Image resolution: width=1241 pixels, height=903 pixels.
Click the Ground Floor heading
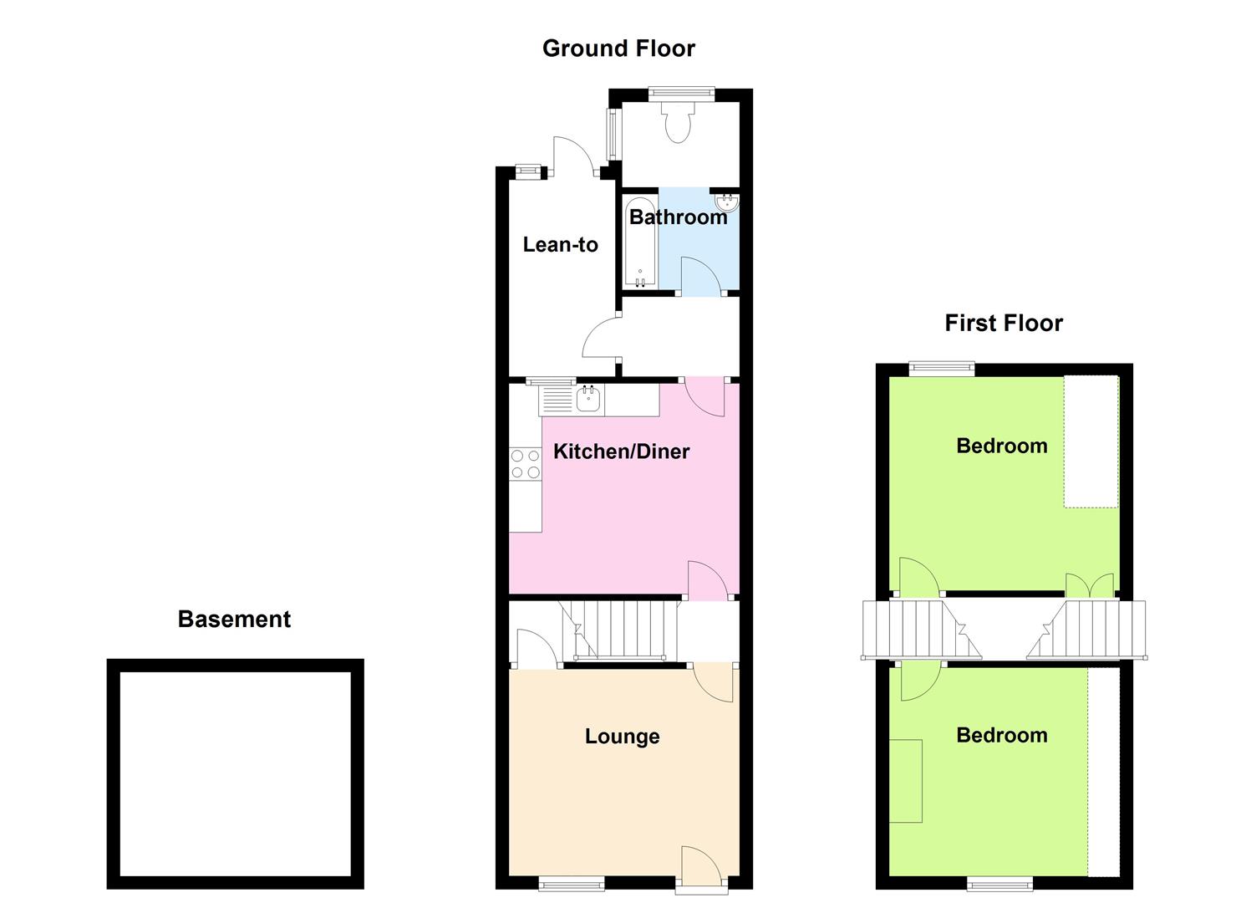point(618,48)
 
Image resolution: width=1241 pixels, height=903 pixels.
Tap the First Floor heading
point(1004,324)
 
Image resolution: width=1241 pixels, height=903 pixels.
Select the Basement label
point(234,620)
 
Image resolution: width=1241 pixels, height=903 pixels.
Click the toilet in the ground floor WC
point(678,121)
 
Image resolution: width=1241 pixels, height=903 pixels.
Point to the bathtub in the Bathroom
point(640,242)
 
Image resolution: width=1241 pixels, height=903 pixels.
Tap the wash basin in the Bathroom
point(727,202)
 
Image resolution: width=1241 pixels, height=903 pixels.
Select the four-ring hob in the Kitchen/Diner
point(525,464)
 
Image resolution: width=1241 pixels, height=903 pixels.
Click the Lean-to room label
point(560,244)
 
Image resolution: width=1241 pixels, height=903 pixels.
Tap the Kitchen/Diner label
point(621,451)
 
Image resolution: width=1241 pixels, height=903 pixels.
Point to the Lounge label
point(622,736)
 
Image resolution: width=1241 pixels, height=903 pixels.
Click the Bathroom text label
point(678,217)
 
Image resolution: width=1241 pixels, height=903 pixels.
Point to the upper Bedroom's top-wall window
point(941,369)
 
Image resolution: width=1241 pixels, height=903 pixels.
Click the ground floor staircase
point(619,631)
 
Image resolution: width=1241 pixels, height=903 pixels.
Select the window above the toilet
point(681,94)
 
